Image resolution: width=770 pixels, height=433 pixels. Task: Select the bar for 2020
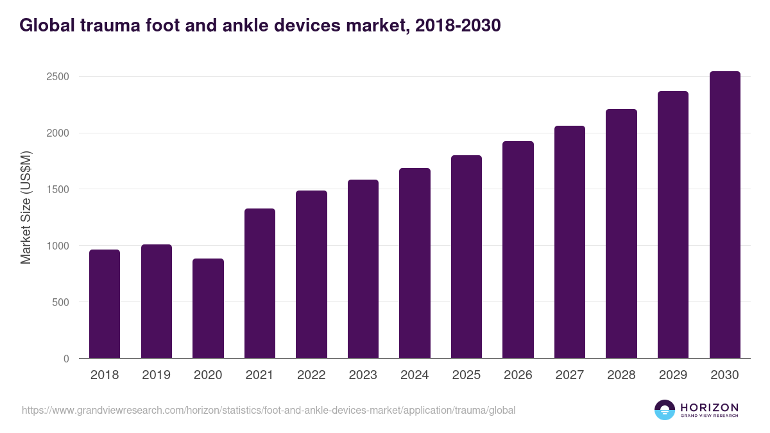point(208,309)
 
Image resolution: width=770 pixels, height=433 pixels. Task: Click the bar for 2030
point(724,215)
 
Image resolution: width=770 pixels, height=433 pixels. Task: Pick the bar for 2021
point(260,284)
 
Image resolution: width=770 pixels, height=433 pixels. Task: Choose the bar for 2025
point(466,257)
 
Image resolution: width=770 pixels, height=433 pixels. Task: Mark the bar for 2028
point(621,233)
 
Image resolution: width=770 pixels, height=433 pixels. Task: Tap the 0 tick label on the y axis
point(65,359)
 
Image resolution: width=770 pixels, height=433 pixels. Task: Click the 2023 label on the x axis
point(363,375)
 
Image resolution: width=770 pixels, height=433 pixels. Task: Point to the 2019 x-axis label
point(157,375)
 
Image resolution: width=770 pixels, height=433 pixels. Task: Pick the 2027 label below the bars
point(570,375)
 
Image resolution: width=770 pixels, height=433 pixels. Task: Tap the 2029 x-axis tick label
point(673,375)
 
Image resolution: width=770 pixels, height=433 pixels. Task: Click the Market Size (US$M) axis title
point(26,208)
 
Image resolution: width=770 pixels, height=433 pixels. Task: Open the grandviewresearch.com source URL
point(268,410)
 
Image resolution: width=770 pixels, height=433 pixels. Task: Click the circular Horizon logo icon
point(665,410)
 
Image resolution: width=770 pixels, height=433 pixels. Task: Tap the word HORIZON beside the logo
point(709,407)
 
